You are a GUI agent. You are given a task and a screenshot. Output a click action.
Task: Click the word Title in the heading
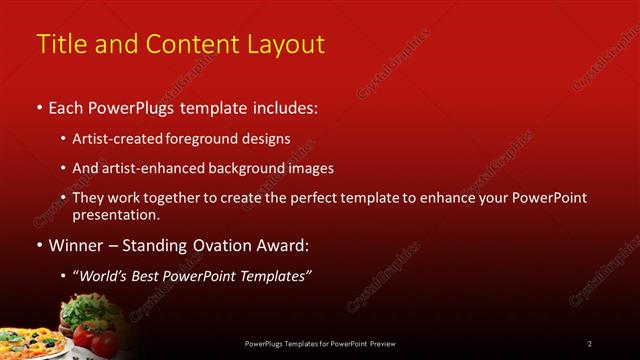point(59,45)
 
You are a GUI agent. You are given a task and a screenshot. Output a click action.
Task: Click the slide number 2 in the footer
point(589,343)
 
